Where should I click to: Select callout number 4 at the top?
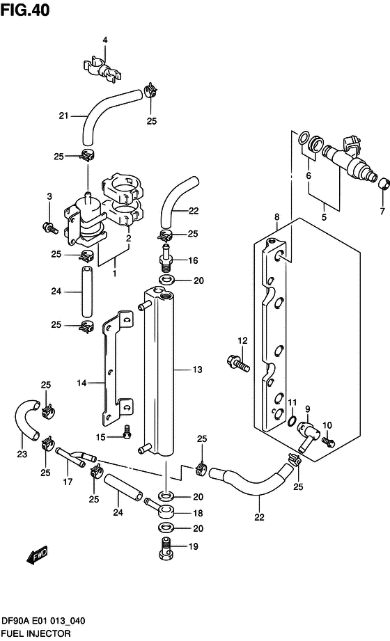click(x=105, y=40)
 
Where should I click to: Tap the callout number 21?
click(x=63, y=116)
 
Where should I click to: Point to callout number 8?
click(x=276, y=216)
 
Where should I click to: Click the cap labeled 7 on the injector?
click(x=383, y=184)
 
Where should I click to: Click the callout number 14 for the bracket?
click(x=81, y=383)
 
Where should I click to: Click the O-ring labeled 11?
click(x=290, y=420)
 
